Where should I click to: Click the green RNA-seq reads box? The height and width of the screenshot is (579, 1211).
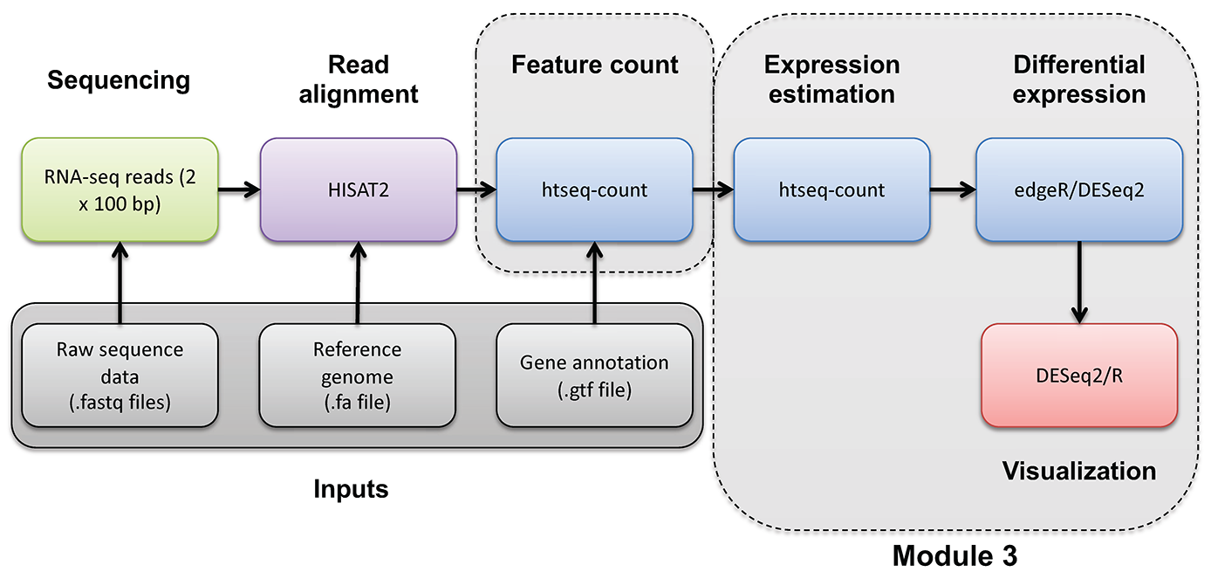click(120, 189)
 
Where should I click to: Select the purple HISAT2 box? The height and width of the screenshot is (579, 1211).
click(359, 189)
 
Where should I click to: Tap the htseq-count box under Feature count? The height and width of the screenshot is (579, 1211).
click(594, 190)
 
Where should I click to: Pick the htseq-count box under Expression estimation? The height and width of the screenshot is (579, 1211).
click(831, 190)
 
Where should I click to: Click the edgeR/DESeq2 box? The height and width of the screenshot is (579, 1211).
click(1079, 190)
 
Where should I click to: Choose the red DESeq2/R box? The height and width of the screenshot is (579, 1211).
click(1079, 375)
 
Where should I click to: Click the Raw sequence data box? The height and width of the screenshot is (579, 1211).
click(120, 375)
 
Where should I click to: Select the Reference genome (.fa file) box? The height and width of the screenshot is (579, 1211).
click(358, 375)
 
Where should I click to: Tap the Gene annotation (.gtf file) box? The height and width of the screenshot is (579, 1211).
click(594, 375)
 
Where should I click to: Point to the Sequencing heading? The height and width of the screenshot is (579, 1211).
click(119, 80)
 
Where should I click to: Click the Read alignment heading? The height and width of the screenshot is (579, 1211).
click(359, 79)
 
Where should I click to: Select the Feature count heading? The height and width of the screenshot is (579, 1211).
click(594, 65)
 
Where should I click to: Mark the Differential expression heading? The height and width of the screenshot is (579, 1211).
click(1079, 79)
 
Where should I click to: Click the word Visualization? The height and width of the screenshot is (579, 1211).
click(1078, 472)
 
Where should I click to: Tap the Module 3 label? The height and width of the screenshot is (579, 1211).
click(954, 556)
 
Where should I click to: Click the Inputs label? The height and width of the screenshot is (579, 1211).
click(351, 489)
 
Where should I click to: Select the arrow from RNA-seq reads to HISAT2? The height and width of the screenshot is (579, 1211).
click(239, 189)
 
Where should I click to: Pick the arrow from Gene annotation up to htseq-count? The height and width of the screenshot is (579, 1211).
click(594, 283)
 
